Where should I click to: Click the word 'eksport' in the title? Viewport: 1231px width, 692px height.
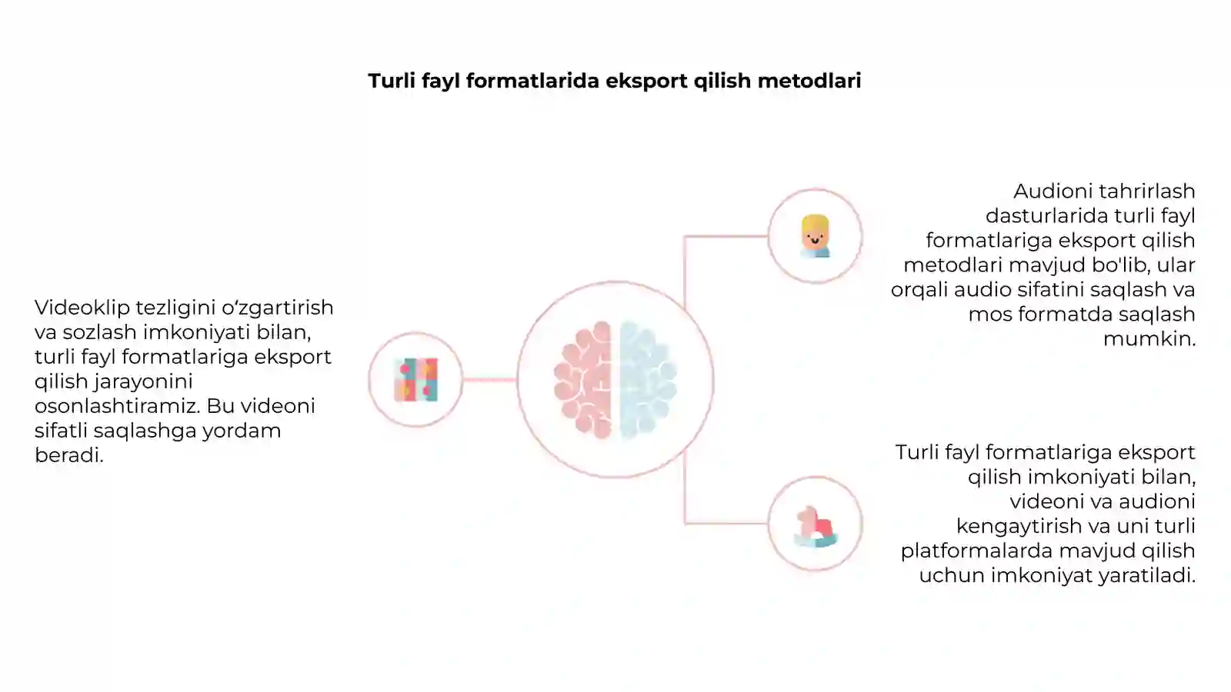(x=646, y=82)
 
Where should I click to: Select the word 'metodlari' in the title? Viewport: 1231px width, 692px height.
(x=809, y=81)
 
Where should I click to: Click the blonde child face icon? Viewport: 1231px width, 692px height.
(x=815, y=236)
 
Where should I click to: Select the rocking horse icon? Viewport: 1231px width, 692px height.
(x=816, y=527)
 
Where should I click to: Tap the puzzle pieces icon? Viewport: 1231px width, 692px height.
(x=416, y=380)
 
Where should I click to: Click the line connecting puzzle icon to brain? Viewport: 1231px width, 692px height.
(x=489, y=380)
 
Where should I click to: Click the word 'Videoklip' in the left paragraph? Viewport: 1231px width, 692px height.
(x=82, y=308)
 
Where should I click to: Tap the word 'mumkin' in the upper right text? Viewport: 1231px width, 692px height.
(x=1146, y=339)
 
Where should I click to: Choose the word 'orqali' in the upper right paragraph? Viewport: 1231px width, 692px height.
(x=919, y=291)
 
